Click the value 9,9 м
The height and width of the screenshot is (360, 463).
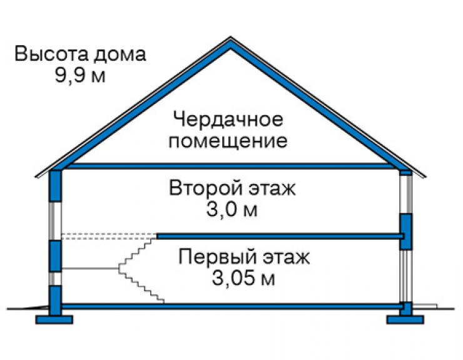(x=80, y=76)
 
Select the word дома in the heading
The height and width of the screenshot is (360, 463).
(x=120, y=55)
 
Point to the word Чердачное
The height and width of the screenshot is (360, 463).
(x=228, y=120)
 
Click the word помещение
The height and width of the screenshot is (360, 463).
(x=228, y=141)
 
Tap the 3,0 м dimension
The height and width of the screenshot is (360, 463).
(x=232, y=210)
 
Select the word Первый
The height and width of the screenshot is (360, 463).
(x=218, y=257)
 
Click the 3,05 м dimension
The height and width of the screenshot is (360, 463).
(x=243, y=278)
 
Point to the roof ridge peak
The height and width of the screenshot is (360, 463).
(x=231, y=37)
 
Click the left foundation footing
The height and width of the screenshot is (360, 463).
(x=54, y=319)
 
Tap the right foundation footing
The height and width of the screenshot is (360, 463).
(x=405, y=319)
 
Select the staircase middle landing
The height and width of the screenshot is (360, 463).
(x=90, y=269)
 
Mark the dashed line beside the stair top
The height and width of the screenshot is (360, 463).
(x=109, y=236)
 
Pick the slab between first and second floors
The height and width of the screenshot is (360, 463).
(x=280, y=236)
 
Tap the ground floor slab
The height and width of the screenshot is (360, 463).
(x=232, y=306)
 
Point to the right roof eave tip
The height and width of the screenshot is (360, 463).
(x=425, y=177)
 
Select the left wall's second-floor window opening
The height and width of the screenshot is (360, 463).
(x=55, y=221)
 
